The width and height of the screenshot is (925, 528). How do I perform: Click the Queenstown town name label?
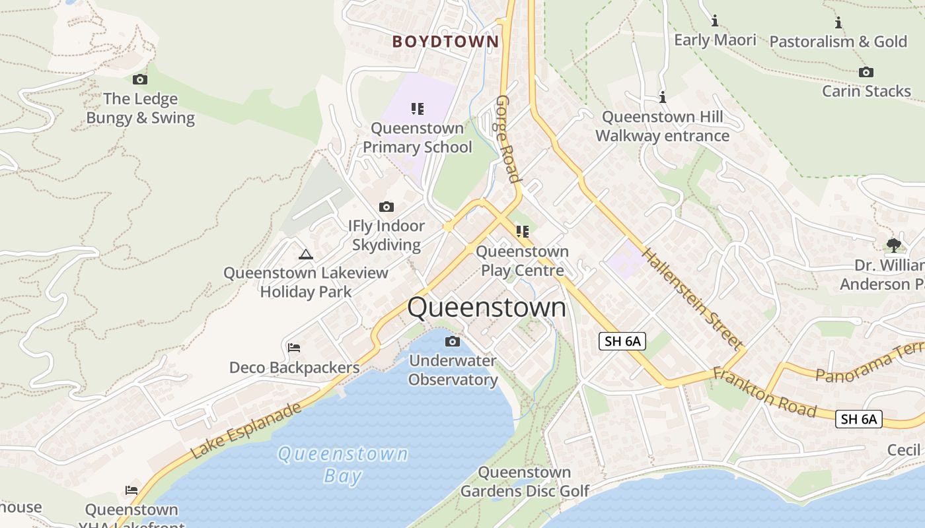487,308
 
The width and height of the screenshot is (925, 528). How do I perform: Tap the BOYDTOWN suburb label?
446,42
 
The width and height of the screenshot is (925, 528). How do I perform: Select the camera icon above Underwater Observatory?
453,341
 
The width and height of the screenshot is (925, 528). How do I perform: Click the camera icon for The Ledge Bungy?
140,80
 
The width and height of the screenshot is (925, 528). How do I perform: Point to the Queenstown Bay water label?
343,465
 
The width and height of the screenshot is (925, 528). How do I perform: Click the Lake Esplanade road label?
246,430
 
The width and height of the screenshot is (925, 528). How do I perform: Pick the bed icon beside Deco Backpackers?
294,347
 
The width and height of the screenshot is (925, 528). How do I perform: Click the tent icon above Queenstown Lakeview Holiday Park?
305,254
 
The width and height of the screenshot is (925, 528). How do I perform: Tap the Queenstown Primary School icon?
417,108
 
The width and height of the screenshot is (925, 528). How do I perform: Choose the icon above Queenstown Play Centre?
523,232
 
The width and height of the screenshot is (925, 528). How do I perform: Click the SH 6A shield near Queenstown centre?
622,341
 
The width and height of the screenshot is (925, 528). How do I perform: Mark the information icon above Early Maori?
714,20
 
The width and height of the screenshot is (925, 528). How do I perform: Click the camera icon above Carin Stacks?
866,72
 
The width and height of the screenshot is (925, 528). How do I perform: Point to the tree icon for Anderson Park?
893,246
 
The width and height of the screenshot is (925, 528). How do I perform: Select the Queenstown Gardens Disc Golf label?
525,482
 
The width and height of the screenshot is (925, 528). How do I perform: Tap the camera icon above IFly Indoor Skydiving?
387,207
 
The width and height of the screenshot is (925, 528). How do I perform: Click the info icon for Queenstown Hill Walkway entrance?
663,98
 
